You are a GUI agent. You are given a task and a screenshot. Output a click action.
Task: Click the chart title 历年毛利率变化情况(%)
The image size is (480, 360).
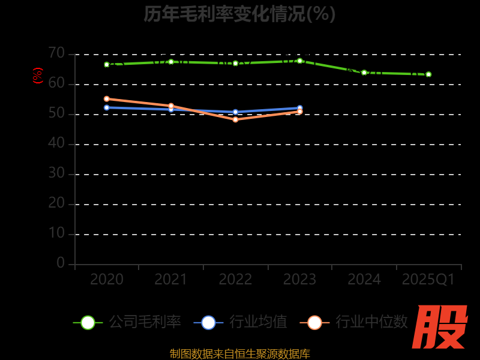coord(239,14)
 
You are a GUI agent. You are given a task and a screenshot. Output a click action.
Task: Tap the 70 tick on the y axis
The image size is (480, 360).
coord(56,53)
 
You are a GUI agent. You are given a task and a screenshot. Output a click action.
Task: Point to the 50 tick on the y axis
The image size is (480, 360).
coord(56,113)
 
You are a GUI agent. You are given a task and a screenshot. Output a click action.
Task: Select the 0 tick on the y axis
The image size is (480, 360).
coord(61,263)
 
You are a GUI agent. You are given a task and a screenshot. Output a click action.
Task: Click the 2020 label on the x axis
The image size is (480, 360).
coord(107,280)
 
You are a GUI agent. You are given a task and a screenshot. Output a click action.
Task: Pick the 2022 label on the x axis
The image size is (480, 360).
coord(235,280)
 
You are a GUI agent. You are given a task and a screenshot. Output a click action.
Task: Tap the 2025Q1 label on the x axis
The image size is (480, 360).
coord(428,280)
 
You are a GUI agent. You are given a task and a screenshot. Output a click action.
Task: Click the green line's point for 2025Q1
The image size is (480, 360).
coord(428,74)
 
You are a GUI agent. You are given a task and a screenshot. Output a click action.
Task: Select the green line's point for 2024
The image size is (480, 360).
coord(364,73)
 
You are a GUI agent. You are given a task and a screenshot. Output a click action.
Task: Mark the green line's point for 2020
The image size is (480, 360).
coord(107,64)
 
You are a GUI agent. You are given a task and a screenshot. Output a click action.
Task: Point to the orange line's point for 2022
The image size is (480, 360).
coord(235,119)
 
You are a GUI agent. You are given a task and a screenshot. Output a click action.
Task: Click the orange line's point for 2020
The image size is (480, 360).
coord(107,99)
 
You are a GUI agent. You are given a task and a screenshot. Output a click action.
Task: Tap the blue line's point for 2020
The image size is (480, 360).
coord(107,107)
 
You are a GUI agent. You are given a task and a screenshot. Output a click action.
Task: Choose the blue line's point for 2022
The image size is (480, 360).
coord(235,112)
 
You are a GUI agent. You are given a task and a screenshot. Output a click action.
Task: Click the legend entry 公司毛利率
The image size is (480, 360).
coord(127,322)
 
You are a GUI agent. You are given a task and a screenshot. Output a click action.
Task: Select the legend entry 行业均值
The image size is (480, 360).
coord(240,322)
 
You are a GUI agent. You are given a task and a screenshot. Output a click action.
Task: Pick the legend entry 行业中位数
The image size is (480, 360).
coord(354,322)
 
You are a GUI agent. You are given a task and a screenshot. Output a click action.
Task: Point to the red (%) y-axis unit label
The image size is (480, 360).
coord(38,76)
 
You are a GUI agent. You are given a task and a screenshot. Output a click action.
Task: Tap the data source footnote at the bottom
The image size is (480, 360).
coord(240,354)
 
